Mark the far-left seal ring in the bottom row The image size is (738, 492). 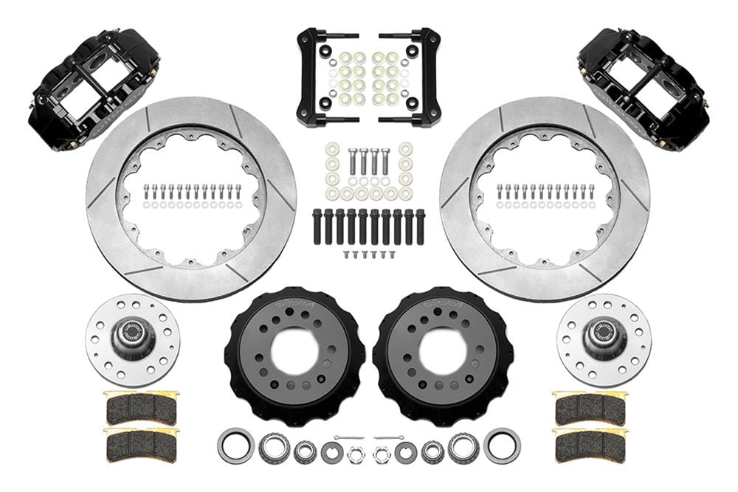235,446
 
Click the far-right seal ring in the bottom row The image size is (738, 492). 502,446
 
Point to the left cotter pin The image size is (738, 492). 348,439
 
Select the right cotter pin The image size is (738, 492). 389,439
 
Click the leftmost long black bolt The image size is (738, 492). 317,227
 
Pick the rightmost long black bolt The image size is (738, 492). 420,227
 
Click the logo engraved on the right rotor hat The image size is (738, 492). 443,302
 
